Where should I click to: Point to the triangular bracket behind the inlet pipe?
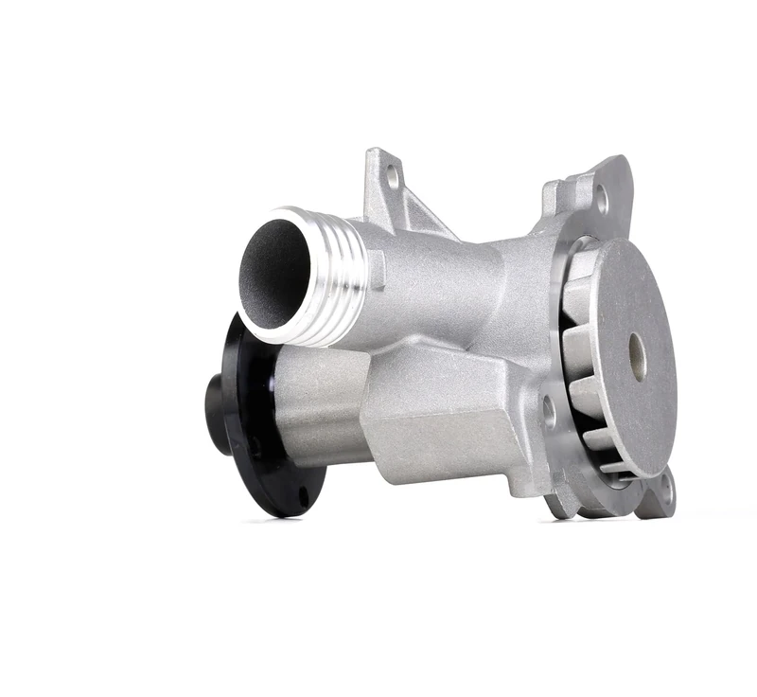[402, 199]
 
